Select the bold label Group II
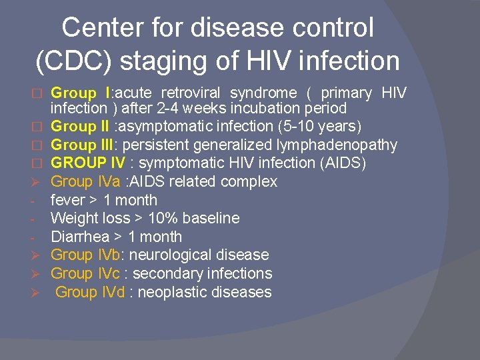coord(80,126)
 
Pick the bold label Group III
coord(83,145)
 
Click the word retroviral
coord(193,93)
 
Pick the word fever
coord(68,200)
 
